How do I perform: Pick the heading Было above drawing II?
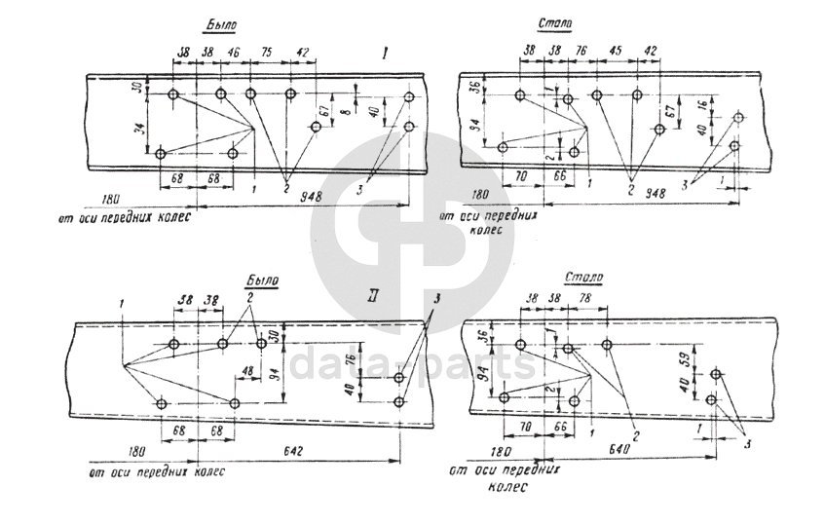pyautogui.click(x=262, y=280)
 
